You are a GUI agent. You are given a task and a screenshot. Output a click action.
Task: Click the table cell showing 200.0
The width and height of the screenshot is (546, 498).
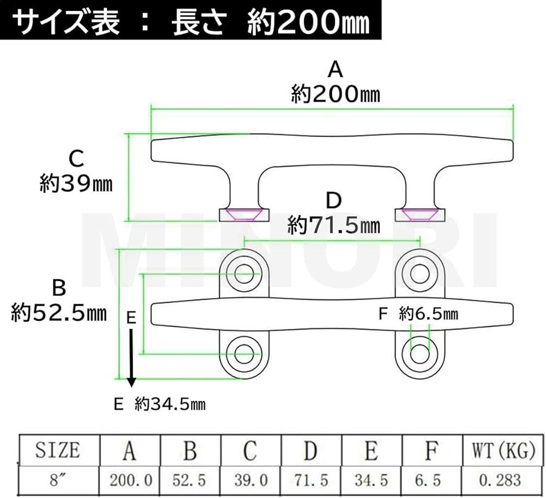coord(131,481)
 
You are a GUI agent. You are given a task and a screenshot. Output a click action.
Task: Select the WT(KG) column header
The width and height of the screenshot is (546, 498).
coord(502,450)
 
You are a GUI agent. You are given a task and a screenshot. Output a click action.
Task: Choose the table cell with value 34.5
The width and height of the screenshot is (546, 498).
coord(372,481)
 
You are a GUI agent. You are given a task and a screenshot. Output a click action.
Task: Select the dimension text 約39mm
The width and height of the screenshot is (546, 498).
coord(76,184)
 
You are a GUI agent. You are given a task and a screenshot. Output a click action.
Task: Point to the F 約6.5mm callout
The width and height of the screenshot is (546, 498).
coord(418,314)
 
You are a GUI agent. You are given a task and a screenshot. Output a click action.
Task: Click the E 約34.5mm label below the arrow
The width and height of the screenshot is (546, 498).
coord(160,404)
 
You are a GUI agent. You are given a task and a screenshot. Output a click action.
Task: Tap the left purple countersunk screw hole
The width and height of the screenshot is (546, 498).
coord(244,214)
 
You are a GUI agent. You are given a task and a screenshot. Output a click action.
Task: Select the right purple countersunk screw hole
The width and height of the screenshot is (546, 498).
coord(420,214)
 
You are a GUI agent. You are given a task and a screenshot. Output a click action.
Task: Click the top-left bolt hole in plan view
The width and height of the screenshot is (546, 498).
coord(244,274)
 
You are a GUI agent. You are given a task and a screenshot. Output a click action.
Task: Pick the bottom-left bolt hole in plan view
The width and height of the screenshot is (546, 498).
coord(244,354)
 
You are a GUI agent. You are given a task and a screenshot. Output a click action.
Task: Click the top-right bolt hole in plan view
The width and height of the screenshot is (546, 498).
coord(420,274)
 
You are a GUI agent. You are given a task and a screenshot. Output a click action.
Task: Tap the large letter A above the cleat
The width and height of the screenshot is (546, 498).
coord(335,69)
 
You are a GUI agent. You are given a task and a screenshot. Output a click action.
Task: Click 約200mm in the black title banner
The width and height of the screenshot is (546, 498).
coord(308,23)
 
